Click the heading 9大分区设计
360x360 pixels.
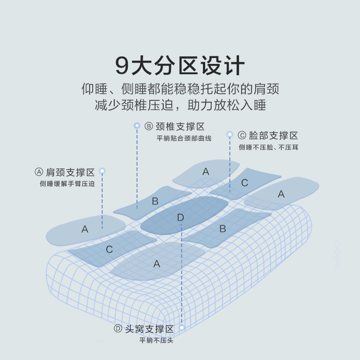click(180, 66)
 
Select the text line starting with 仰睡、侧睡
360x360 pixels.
click(180, 88)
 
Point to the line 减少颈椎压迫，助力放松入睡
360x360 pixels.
click(180, 106)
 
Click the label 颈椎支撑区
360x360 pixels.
click(180, 126)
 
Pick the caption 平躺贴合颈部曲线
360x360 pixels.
click(184, 138)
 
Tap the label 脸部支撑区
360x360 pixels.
click(274, 135)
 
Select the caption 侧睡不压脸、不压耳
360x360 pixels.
click(268, 147)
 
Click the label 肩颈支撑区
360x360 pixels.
click(70, 172)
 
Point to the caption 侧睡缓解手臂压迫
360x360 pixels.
click(67, 184)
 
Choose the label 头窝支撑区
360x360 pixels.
click(149, 329)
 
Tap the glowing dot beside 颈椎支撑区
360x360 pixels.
click(137, 126)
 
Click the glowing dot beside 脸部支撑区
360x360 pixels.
click(229, 135)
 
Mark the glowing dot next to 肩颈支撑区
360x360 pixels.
click(102, 171)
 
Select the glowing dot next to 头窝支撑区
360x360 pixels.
click(182, 328)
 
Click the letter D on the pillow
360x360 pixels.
click(180, 218)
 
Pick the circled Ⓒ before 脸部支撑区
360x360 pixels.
click(242, 135)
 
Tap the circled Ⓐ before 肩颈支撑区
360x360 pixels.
click(39, 172)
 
